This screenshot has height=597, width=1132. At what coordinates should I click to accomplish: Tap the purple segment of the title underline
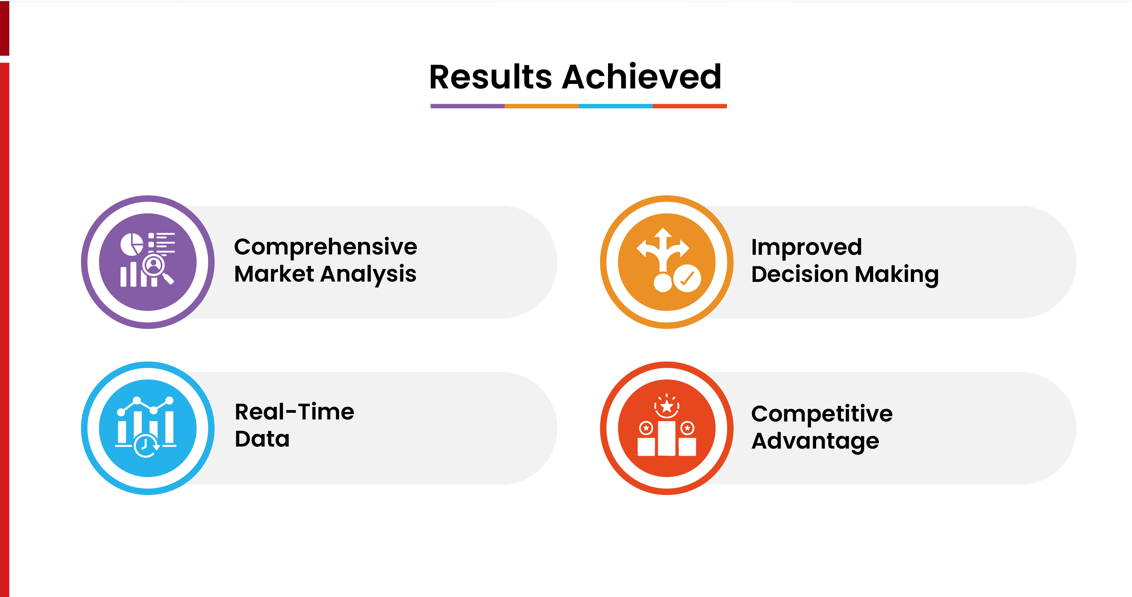(467, 106)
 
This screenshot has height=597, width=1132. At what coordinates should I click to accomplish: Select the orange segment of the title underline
(541, 106)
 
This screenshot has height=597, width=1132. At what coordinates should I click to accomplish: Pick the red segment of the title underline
(689, 106)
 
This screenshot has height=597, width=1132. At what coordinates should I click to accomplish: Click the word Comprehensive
(325, 247)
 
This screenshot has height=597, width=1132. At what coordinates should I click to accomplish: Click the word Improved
(806, 247)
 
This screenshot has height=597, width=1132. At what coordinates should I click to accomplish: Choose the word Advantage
(815, 441)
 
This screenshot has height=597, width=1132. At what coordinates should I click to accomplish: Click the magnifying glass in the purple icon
(154, 265)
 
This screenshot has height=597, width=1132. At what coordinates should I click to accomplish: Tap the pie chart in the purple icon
(132, 244)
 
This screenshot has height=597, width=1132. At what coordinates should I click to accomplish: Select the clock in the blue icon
(145, 446)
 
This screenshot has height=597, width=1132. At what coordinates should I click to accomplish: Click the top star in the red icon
(667, 406)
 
